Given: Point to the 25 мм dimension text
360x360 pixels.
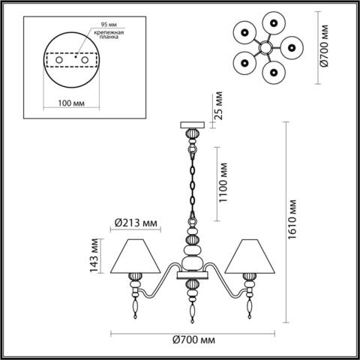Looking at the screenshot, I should coord(218,109).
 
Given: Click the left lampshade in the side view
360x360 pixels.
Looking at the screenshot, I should coord(136,257).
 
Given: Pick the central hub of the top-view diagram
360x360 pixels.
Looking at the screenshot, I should coord(265,48).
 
